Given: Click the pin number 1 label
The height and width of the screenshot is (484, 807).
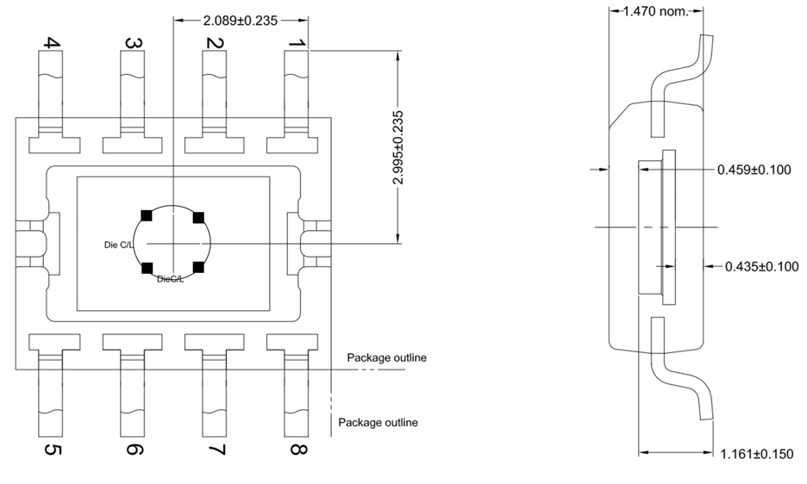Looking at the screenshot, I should click(x=297, y=42).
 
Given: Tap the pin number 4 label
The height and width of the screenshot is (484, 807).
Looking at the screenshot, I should click(x=53, y=42).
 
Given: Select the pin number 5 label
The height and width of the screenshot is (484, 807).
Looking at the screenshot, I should click(x=53, y=450).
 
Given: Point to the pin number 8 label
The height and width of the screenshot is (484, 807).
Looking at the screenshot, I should click(x=297, y=450).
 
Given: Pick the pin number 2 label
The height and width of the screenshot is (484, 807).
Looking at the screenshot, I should click(x=216, y=42).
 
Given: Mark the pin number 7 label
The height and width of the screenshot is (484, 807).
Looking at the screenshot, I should click(x=216, y=450).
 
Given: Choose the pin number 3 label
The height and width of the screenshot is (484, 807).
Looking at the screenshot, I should click(x=134, y=42).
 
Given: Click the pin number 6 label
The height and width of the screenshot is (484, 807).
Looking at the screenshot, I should click(x=134, y=450).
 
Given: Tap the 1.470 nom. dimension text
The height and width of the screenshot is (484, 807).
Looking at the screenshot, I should click(x=657, y=12).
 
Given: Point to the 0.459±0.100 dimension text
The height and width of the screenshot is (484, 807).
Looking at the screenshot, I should click(x=754, y=170).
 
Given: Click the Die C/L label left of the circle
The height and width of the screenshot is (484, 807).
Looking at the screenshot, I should click(x=119, y=245).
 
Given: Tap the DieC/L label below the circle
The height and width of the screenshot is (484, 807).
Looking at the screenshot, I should click(x=170, y=278).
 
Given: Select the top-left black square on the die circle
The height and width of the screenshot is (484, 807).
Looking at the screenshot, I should click(x=147, y=215).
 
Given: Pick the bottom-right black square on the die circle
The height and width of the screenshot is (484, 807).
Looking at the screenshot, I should click(x=198, y=268).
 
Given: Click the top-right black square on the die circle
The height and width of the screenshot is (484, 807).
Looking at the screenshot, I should click(x=198, y=216).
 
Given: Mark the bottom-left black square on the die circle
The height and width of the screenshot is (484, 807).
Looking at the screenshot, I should click(x=147, y=268).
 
